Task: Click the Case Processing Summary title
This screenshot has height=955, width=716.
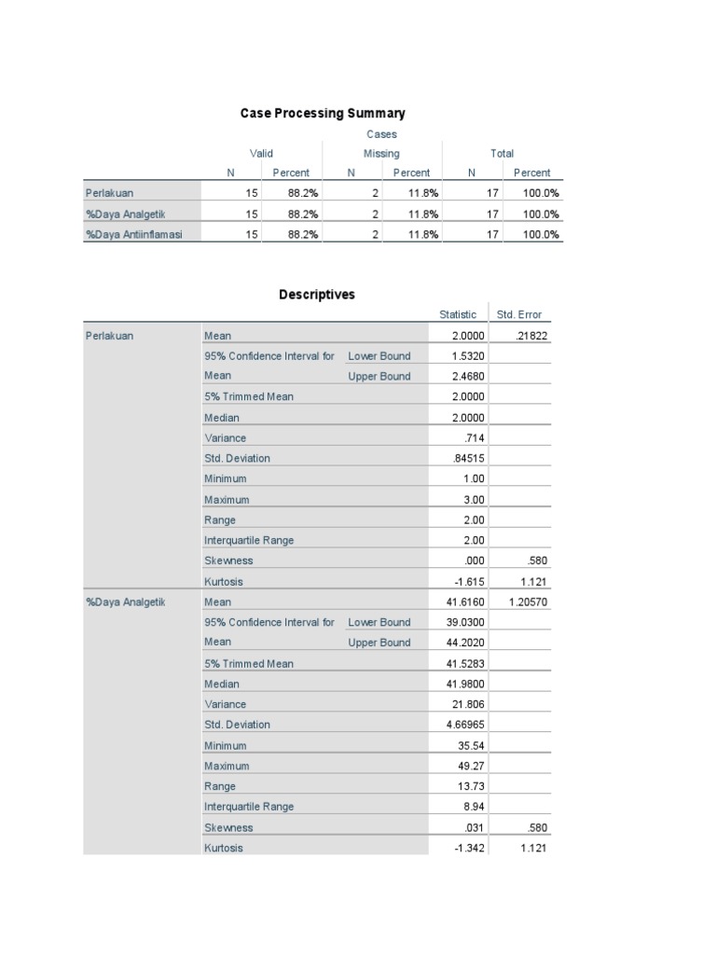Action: coord(323,113)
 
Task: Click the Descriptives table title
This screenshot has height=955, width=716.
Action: coord(317,295)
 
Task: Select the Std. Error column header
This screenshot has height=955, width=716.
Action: coord(519,315)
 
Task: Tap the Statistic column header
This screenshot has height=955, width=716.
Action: coord(458,315)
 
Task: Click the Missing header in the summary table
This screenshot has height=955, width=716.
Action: coord(381,153)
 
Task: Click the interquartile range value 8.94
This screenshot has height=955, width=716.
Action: coord(474,807)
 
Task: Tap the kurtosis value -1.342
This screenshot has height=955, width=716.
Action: coord(469,848)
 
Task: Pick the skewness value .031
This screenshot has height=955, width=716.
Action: coord(474,827)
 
